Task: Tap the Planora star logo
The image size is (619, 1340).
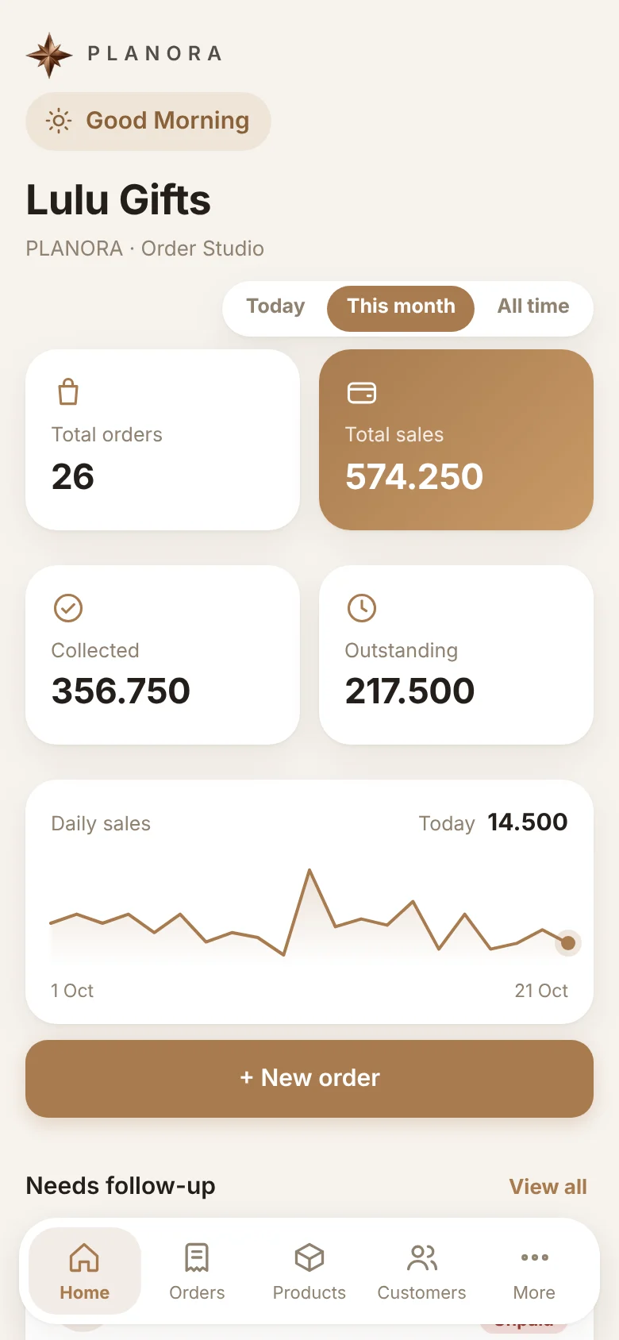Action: click(x=49, y=55)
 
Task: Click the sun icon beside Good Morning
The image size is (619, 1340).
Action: click(x=59, y=121)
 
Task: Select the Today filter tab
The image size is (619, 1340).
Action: click(x=275, y=306)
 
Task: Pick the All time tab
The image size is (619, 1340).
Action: click(x=532, y=306)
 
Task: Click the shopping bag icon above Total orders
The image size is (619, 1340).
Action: click(x=68, y=392)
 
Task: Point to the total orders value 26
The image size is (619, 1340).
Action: click(x=73, y=477)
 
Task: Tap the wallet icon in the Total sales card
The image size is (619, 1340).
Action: click(x=362, y=393)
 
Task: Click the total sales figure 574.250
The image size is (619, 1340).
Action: click(x=414, y=477)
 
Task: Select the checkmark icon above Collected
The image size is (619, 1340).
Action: click(x=68, y=608)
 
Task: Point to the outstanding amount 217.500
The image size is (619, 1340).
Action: click(x=409, y=691)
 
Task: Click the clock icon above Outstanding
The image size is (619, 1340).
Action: click(x=362, y=608)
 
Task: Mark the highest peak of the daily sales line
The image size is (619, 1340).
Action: click(x=309, y=870)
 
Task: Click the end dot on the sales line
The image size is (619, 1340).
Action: click(x=568, y=943)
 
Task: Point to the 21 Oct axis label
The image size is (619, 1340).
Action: click(x=541, y=991)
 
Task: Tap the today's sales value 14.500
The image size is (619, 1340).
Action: click(x=528, y=822)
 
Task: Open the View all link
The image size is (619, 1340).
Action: click(x=548, y=1186)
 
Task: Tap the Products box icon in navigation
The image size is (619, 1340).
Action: click(x=309, y=1257)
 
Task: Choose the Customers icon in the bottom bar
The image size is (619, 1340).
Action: click(x=421, y=1257)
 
